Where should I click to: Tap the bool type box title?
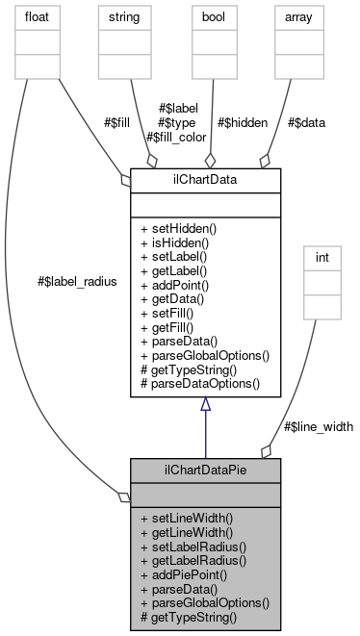[x=214, y=17]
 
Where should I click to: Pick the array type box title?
[x=297, y=17]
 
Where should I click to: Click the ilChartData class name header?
[x=205, y=179]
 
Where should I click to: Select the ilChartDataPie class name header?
[x=205, y=470]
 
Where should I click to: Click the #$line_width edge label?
[x=318, y=425]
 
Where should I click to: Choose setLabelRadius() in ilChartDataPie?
[x=193, y=545]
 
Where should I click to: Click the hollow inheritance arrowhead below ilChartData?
[x=205, y=406]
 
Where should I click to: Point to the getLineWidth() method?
[x=187, y=531]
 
